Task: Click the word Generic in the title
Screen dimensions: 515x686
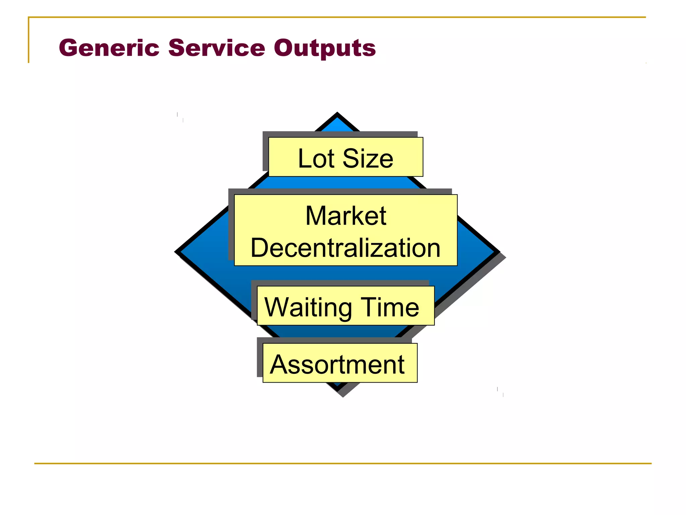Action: (109, 48)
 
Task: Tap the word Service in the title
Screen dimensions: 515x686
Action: (216, 48)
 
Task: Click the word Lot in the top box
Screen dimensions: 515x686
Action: (316, 158)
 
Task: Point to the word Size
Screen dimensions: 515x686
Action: (367, 158)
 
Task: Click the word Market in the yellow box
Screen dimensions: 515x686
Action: (346, 216)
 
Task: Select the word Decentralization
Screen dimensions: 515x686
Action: (345, 248)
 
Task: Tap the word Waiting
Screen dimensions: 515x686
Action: (308, 307)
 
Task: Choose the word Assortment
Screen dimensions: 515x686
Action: (337, 364)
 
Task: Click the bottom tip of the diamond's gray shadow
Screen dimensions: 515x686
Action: (343, 396)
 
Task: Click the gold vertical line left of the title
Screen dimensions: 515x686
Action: (28, 40)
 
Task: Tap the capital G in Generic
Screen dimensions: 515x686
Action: (70, 48)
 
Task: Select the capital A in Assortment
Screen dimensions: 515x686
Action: (279, 364)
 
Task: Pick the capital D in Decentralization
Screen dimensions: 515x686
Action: (261, 248)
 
